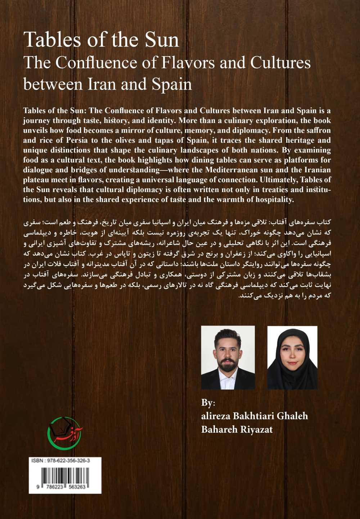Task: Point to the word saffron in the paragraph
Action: point(315,130)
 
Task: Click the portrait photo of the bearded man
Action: point(228,358)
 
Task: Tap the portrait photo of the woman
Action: point(292,358)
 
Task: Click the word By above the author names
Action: point(208,402)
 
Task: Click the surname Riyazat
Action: point(255,429)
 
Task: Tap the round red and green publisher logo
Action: point(65,433)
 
